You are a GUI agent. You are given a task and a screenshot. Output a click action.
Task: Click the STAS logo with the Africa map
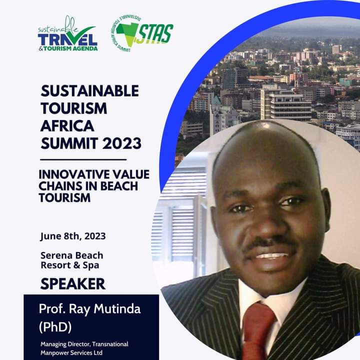point(142,33)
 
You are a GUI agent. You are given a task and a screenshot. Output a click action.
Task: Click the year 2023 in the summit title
point(121,143)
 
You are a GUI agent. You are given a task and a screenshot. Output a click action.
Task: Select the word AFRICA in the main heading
point(67,126)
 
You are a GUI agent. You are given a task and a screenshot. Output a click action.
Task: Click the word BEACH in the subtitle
point(119,186)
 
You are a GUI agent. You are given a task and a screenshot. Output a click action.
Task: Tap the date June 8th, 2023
point(73,236)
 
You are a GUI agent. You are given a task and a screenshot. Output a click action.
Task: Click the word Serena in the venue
point(55,255)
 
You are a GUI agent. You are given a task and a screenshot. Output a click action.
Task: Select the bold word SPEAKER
point(73,284)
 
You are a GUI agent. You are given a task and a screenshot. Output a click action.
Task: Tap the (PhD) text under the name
point(55,326)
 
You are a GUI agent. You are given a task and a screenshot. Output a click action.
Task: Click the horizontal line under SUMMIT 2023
point(83,159)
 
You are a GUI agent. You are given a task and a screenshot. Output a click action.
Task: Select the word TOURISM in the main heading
point(73,108)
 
